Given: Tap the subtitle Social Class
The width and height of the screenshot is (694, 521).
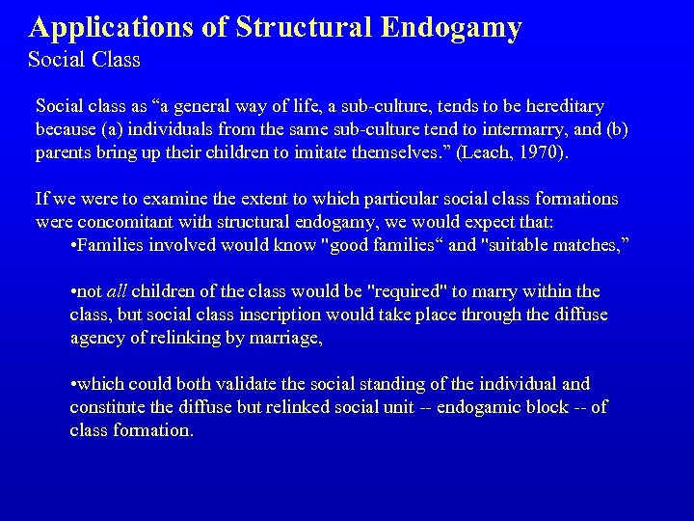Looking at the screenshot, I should click(x=84, y=60).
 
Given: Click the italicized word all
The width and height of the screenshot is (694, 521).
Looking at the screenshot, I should click(x=117, y=291).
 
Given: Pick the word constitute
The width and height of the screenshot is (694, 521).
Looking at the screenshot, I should click(x=105, y=407).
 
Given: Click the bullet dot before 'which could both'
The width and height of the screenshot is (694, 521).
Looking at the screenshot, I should click(x=74, y=384).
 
